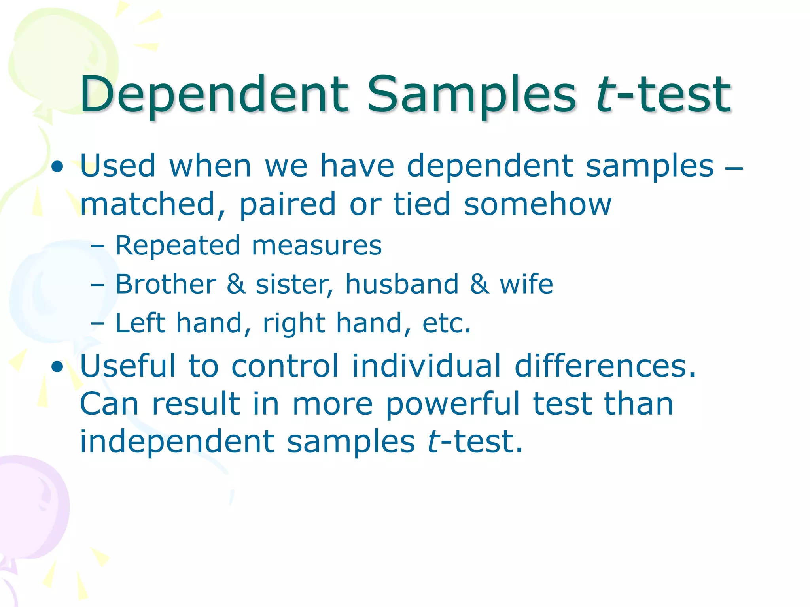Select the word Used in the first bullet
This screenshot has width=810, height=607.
pos(117,166)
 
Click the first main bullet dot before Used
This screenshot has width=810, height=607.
pos(58,167)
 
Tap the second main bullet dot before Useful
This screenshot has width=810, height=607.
pos(58,367)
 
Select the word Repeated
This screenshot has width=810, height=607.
pos(177,246)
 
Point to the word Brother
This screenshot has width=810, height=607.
pos(165,284)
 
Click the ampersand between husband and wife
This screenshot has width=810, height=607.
pos(479,284)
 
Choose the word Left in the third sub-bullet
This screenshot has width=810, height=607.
pos(140,323)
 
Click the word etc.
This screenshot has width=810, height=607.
pos(446,324)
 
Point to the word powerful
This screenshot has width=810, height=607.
pos(452,405)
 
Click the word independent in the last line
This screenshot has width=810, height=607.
pos(177,441)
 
